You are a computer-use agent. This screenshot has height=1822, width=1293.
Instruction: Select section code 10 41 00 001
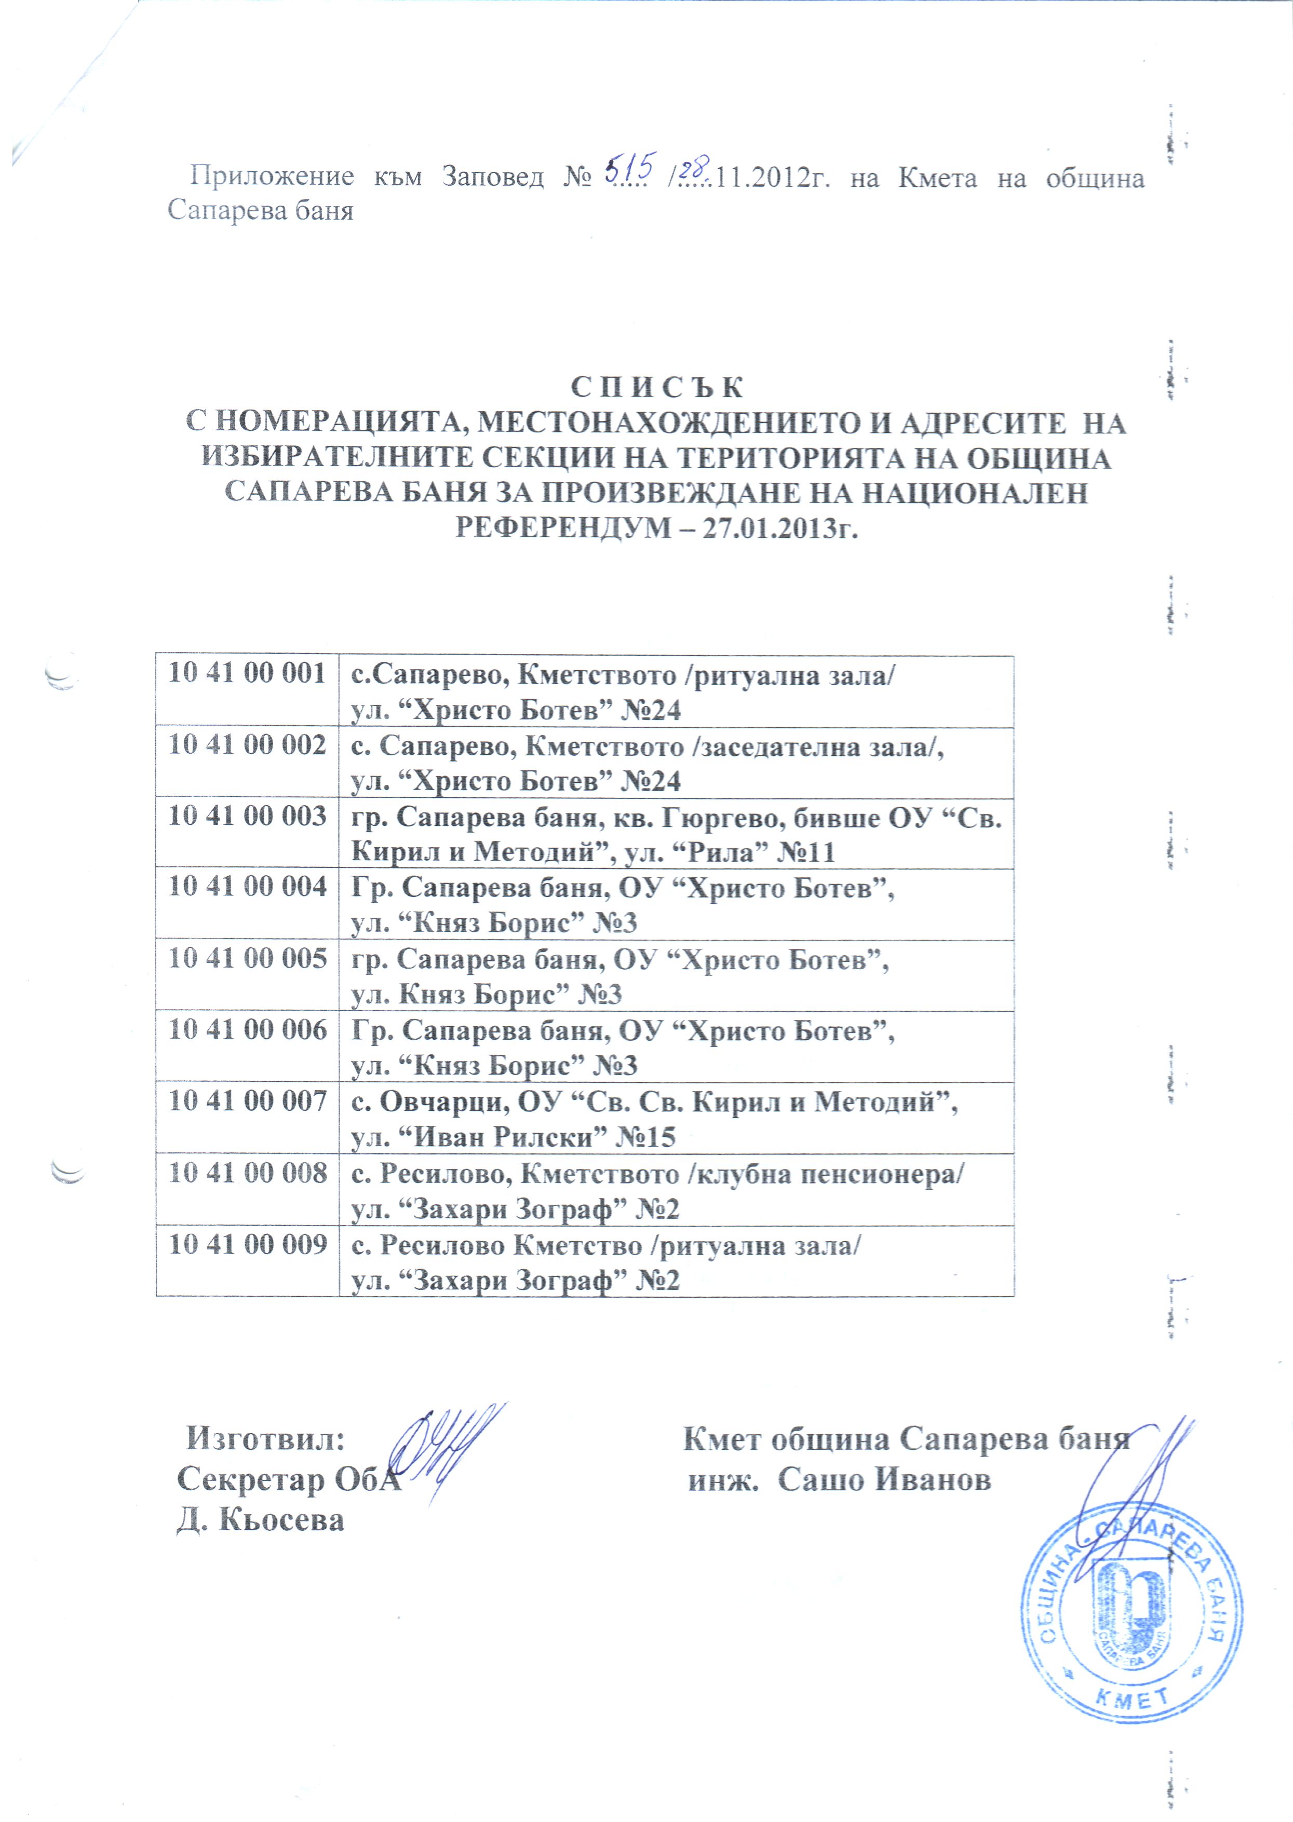(x=247, y=673)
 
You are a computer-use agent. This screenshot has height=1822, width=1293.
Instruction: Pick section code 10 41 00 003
(x=247, y=816)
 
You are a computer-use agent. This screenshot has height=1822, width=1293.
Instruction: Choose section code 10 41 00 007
(x=247, y=1102)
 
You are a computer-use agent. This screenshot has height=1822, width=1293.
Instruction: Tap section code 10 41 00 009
(x=247, y=1244)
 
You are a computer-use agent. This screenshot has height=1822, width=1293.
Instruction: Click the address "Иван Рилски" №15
(x=545, y=1137)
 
